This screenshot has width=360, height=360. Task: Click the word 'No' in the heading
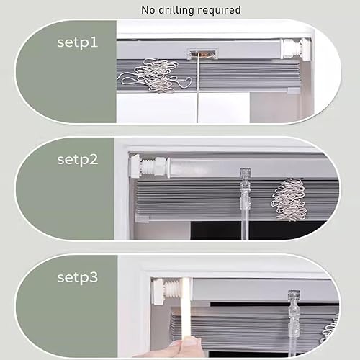[x=148, y=10]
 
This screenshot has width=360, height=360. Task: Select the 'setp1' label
[x=78, y=43]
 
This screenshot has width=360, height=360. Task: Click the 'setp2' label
[x=78, y=160]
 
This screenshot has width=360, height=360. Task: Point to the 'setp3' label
[x=78, y=277]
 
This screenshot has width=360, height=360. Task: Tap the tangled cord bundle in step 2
[x=289, y=199]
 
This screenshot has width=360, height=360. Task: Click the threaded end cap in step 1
[x=296, y=49]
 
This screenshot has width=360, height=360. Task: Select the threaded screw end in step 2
[x=149, y=166]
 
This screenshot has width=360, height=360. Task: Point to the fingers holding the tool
[x=174, y=348]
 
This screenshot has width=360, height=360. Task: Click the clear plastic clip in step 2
[x=246, y=192]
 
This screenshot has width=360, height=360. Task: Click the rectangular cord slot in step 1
[x=203, y=54]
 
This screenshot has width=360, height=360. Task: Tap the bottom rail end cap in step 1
[x=293, y=91]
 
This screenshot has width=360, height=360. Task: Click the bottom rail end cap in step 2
[x=142, y=219]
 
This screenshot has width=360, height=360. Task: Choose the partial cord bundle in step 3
[x=330, y=329]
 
